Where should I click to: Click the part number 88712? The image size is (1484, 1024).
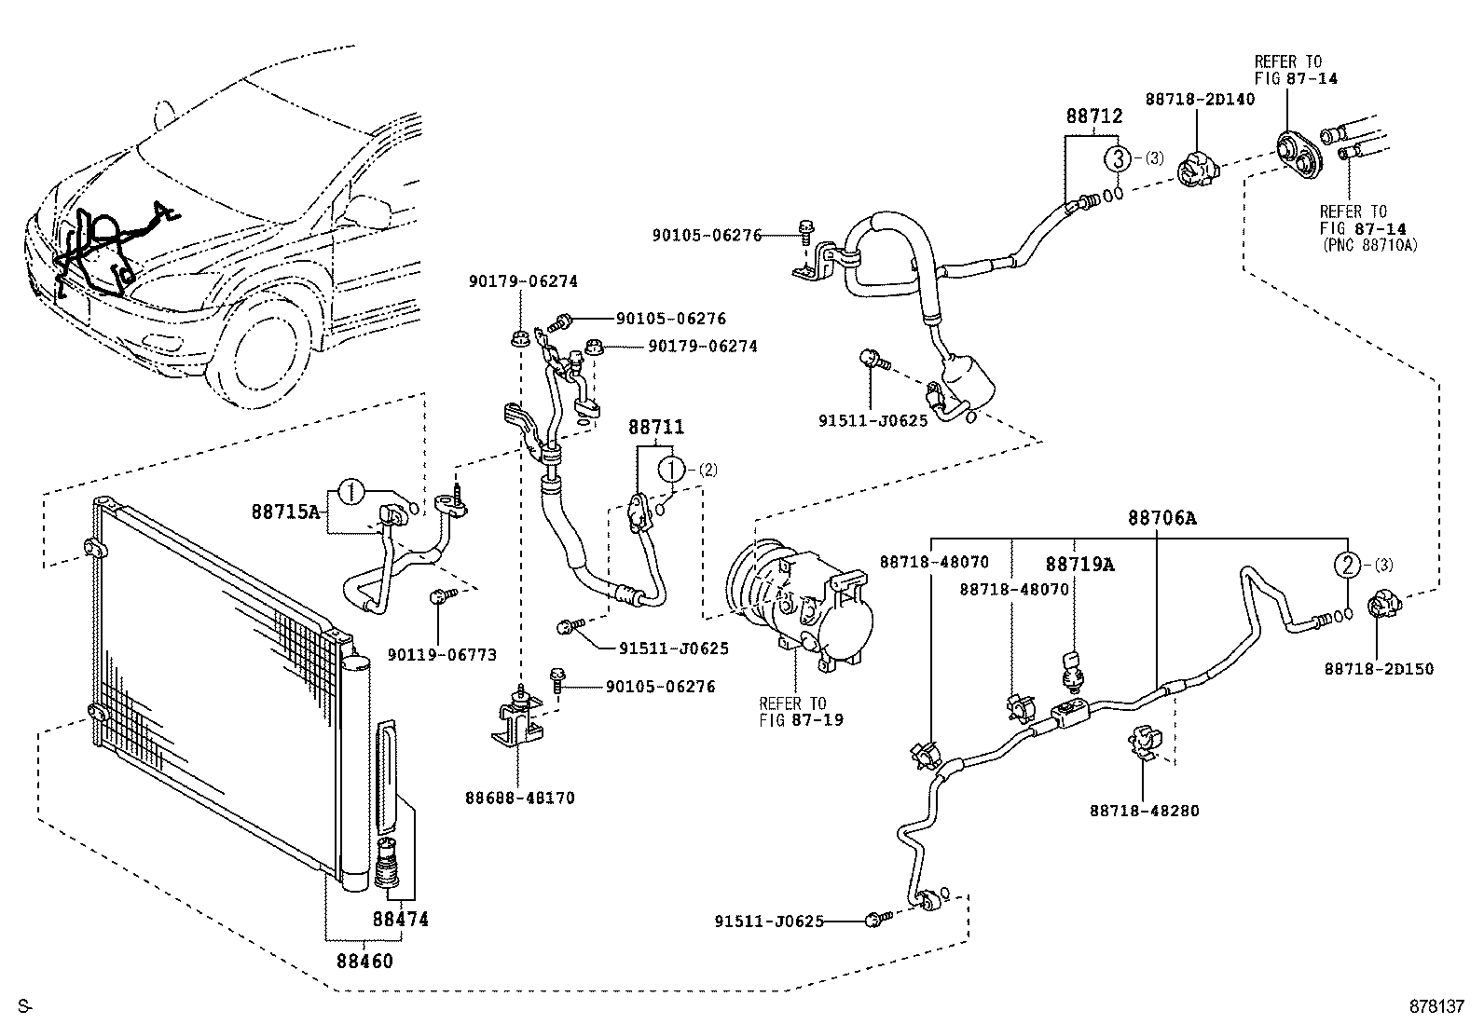tap(1093, 116)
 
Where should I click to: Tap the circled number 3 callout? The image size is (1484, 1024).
tap(1119, 157)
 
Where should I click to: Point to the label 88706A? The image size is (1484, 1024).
tap(1161, 518)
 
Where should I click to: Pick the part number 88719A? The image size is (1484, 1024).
tap(1079, 564)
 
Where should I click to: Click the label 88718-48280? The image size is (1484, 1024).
tap(1144, 811)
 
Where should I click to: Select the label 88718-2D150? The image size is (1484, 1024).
tap(1379, 668)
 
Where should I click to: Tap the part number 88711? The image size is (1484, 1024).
tap(655, 428)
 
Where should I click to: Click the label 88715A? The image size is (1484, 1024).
tap(285, 511)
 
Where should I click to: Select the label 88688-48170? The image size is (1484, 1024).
tap(520, 798)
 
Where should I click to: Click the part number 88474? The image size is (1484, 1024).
tap(400, 919)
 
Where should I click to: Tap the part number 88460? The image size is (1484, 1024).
tap(364, 961)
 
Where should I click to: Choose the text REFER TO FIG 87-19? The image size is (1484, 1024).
tap(792, 711)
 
